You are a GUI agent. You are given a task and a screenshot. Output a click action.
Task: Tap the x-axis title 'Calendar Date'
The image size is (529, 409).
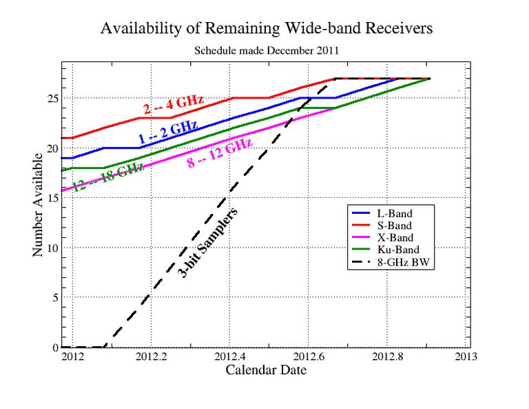pos(266,370)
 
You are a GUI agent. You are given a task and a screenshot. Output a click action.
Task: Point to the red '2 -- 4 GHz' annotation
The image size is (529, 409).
pos(174,106)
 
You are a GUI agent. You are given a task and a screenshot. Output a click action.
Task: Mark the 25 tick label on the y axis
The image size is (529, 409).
pos(52,99)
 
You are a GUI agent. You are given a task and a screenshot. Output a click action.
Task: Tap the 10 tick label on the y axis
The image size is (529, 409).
pos(52,248)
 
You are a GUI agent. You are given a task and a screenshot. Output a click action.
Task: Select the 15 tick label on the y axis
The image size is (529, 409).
pos(52,198)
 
